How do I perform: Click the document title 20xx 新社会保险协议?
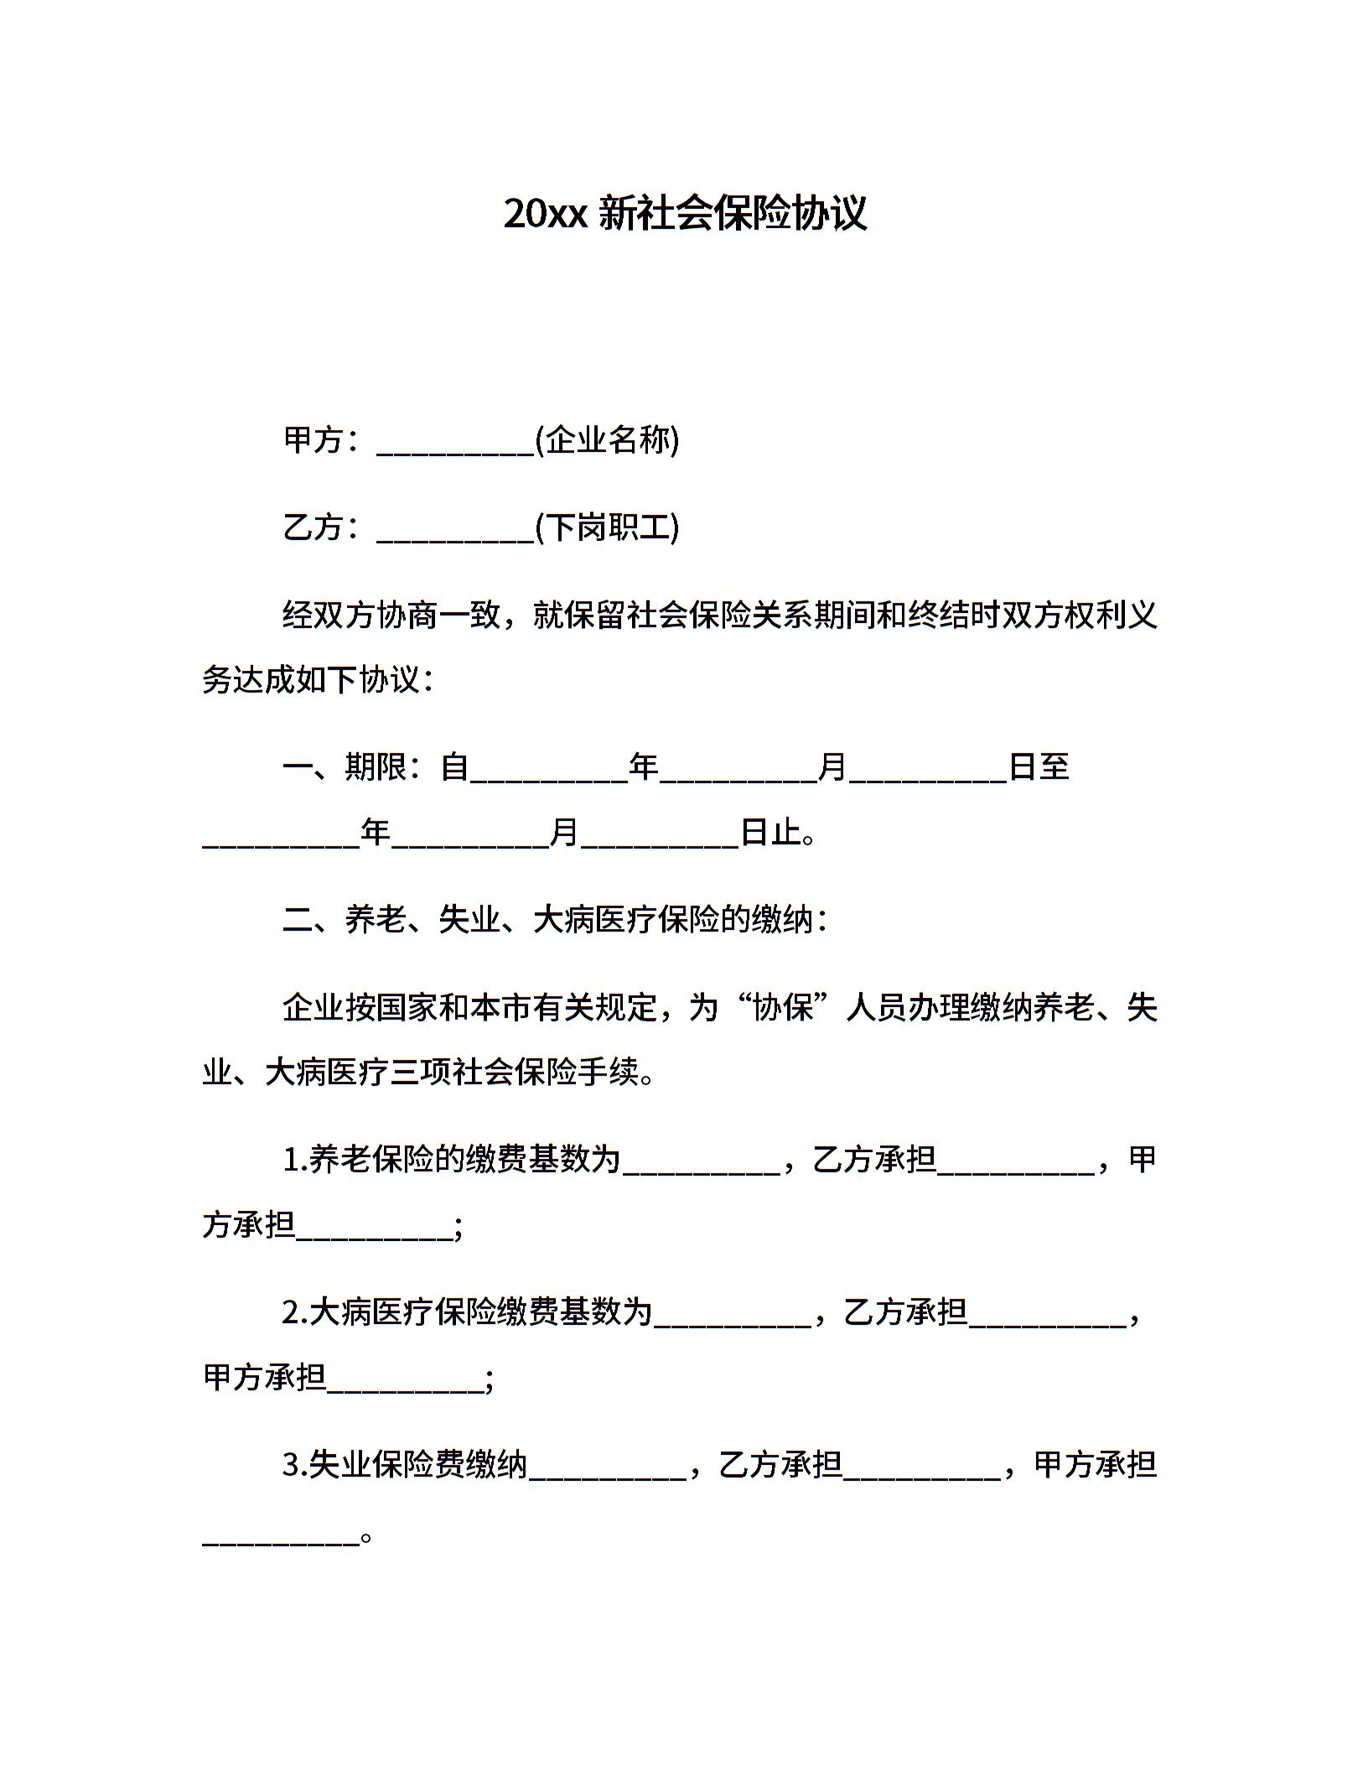[x=684, y=213]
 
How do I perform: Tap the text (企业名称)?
[x=607, y=439]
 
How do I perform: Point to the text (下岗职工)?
[x=607, y=527]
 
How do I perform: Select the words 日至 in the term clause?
[x=1039, y=766]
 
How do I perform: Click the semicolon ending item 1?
[x=458, y=1228]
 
